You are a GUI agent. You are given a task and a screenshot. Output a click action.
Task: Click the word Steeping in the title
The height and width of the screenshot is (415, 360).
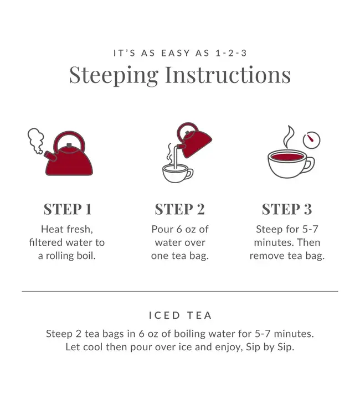point(114,76)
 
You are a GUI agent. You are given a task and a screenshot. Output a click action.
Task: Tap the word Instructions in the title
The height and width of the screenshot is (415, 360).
point(228,75)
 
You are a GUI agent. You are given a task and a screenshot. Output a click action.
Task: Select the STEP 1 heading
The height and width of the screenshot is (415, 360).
point(68,209)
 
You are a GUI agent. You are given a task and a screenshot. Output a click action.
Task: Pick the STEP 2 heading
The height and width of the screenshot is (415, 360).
point(180,209)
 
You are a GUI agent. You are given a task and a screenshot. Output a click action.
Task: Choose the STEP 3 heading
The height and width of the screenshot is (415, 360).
point(287,209)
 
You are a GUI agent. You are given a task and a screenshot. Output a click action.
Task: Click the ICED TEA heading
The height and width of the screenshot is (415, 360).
point(180,315)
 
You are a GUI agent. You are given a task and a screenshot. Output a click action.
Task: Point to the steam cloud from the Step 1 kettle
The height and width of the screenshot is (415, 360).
point(36,141)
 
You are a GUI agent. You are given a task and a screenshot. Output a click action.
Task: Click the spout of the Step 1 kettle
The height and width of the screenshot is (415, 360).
point(50,156)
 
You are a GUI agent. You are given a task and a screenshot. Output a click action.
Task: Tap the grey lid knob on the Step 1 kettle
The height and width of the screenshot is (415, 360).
point(69,146)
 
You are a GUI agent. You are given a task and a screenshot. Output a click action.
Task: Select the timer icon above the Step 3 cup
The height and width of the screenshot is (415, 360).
point(311,140)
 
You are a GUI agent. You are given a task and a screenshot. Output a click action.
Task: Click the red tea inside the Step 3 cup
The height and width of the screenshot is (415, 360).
point(287,157)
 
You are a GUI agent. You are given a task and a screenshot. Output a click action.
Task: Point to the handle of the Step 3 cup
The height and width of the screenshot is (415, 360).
point(310,165)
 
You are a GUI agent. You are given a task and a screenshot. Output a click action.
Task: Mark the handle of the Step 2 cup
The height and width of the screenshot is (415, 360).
point(190,174)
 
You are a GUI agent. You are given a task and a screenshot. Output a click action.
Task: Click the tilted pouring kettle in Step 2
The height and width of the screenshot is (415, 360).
point(194,140)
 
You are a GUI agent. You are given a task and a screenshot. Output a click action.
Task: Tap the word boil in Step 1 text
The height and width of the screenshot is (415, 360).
point(86,256)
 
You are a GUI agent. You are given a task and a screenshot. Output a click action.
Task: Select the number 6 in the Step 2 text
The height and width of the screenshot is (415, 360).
point(179,230)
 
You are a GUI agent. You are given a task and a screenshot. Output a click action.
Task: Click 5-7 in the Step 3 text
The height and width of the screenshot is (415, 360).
point(310,229)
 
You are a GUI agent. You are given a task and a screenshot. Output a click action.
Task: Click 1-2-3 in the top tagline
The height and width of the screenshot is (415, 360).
point(232,53)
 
